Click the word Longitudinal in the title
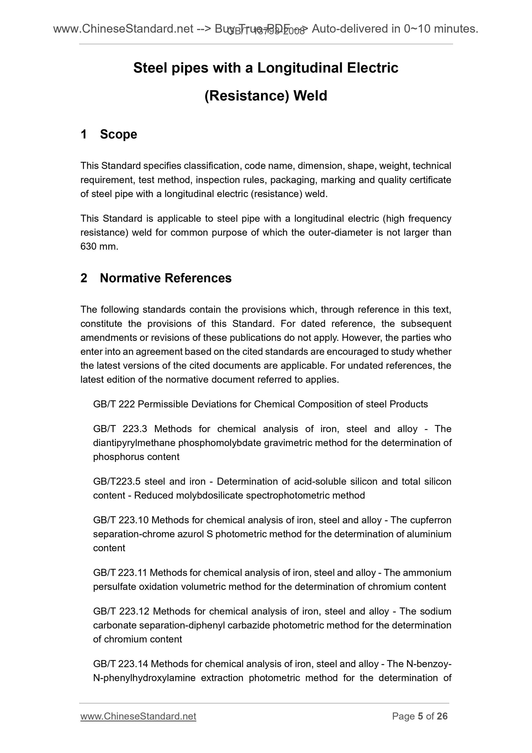300,68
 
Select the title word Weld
310,96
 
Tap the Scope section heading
118,134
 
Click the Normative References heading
166,278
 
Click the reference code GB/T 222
114,404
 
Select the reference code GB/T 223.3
120,429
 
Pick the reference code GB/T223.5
117,481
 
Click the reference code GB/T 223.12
121,611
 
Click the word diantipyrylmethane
135,443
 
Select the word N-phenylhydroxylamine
144,678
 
